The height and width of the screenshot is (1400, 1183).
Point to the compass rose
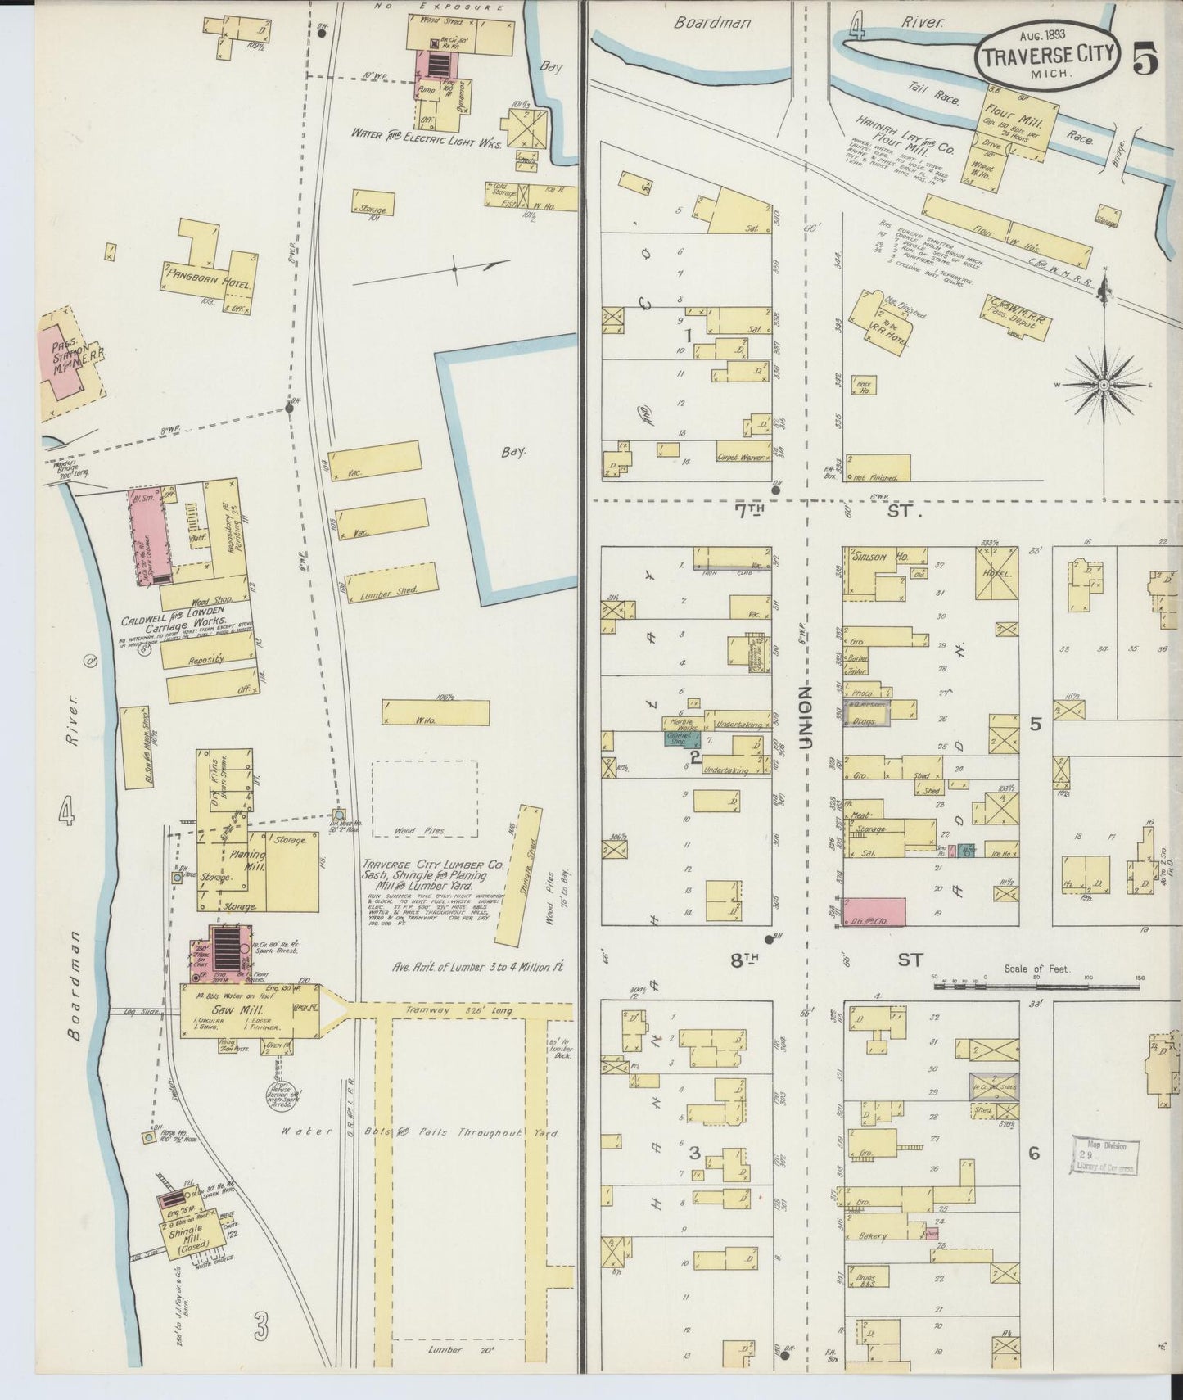point(1104,384)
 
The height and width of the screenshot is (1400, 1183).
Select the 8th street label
point(743,960)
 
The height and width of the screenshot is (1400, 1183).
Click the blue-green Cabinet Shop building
point(679,736)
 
